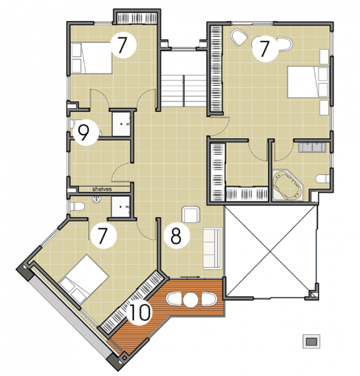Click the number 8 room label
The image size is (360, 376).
(176, 236)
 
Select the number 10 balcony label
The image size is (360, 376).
(139, 312)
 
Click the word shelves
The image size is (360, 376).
(102, 189)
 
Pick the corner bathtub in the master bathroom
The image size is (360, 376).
(288, 185)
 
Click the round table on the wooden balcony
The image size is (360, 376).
(191, 299)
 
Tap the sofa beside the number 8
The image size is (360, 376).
(212, 249)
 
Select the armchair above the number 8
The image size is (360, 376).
(191, 214)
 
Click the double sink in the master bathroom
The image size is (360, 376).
(312, 147)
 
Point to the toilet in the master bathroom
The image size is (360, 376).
(323, 179)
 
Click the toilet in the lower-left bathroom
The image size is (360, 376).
(77, 206)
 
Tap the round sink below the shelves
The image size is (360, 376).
(97, 199)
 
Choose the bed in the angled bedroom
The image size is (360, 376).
(84, 279)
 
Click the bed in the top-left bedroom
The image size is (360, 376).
(92, 58)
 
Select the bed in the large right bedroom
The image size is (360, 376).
(308, 82)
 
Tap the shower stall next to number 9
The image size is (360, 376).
(121, 124)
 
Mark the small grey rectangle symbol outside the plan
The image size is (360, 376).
(311, 342)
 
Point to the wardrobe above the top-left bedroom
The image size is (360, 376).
(137, 18)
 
